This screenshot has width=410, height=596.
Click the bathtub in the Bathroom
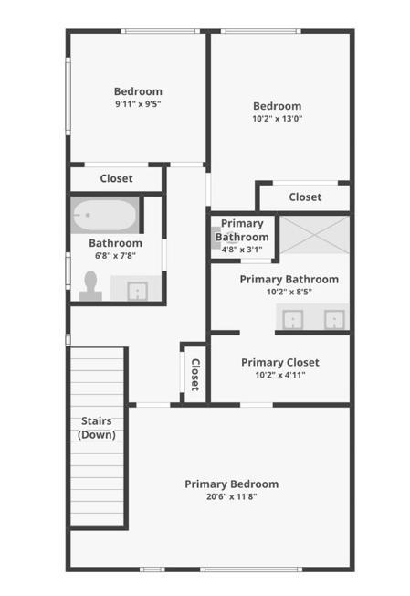coord(104,216)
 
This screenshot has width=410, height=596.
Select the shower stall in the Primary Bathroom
coord(314,235)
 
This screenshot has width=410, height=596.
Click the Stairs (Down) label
coord(97,428)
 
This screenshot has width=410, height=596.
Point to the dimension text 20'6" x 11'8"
coord(231,496)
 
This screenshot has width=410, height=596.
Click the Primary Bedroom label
coord(231,484)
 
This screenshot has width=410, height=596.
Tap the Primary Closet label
coord(280,362)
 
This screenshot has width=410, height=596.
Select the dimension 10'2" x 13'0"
coord(277,118)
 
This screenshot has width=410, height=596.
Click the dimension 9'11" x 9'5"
coord(138,103)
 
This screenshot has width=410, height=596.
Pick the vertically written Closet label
coord(194,374)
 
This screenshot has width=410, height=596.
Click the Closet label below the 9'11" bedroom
coord(116,178)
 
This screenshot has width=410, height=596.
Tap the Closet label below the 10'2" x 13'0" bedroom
coord(305,197)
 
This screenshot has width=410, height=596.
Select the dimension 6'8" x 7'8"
coord(115,256)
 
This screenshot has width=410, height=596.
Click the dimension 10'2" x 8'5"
coord(289,293)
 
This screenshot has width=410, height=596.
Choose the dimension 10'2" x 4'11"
coord(280,375)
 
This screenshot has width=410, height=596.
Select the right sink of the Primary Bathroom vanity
coord(335,319)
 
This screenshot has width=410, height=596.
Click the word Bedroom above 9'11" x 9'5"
coord(138,90)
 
